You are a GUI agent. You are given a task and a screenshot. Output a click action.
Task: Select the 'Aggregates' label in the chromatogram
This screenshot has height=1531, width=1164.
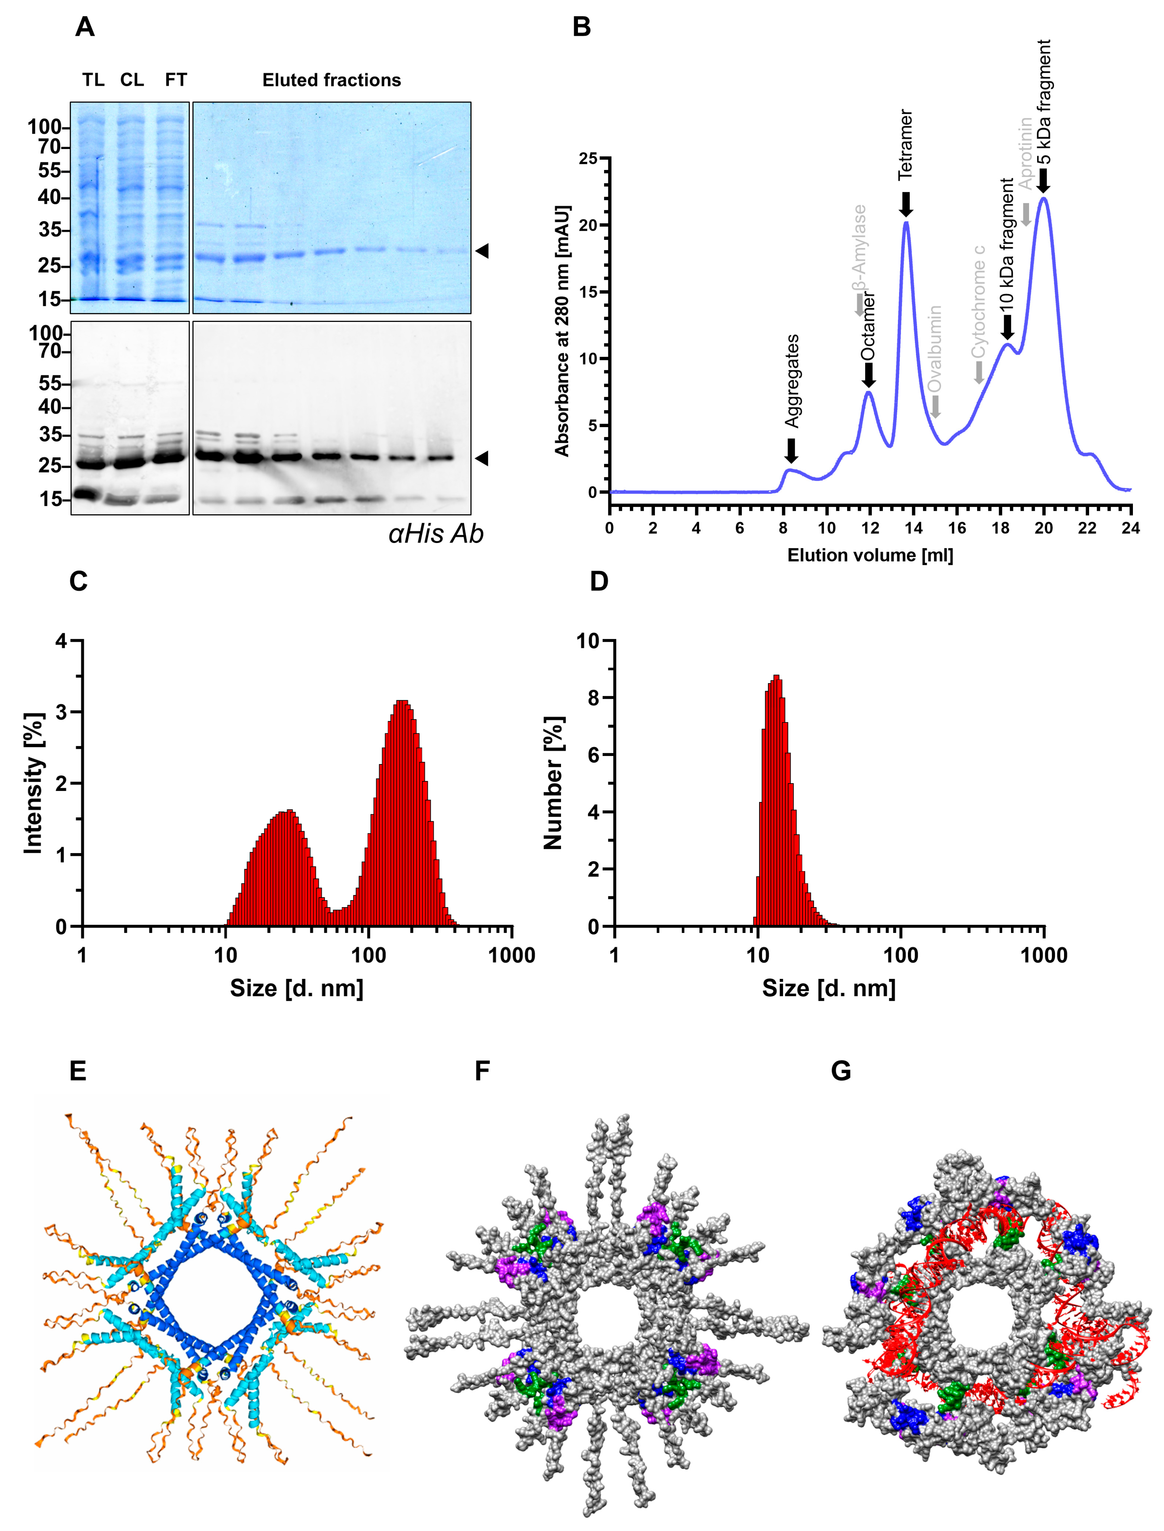(792, 381)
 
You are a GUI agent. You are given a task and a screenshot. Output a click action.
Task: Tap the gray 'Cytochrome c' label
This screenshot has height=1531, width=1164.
(978, 301)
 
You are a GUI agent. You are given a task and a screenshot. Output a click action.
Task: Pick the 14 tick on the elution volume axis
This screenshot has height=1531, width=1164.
(913, 528)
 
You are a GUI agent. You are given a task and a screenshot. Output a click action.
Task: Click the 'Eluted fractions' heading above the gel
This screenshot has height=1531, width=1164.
(331, 80)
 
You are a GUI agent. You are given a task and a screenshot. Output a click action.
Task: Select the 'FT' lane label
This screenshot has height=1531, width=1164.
(176, 80)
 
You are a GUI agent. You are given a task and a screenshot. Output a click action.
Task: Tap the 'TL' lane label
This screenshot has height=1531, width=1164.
(94, 80)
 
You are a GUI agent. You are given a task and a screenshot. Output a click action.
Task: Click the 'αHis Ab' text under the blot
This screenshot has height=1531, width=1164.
(436, 534)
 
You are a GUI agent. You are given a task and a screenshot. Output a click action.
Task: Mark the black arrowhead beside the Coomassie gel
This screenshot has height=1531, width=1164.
(482, 251)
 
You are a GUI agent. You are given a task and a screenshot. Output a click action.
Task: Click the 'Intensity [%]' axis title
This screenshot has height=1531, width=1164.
(33, 783)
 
